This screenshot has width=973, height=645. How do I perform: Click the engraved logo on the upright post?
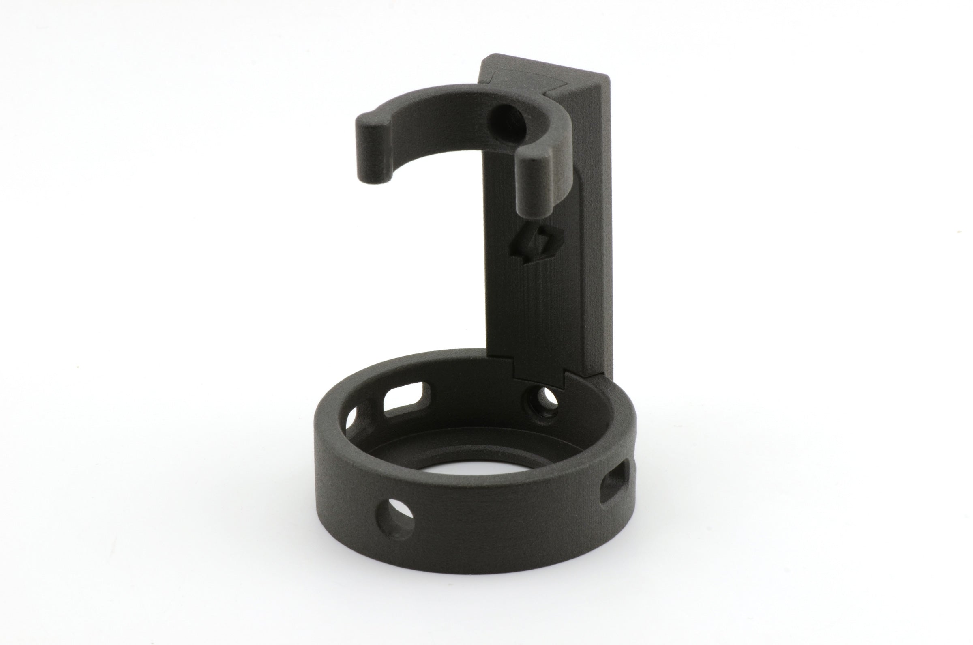[x=535, y=247]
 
